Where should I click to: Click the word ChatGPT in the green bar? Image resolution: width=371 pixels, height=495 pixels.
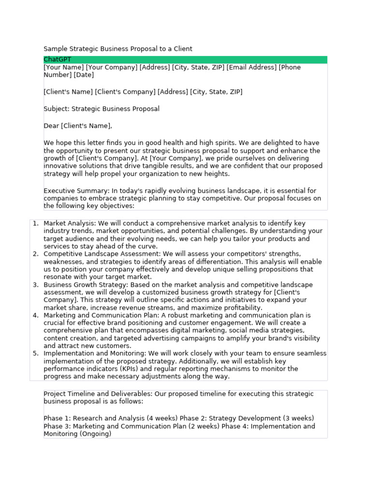pyautogui.click(x=57, y=59)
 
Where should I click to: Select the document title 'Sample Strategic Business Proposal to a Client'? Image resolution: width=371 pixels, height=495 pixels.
pyautogui.click(x=118, y=49)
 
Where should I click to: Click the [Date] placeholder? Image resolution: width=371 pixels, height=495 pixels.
pyautogui.click(x=84, y=75)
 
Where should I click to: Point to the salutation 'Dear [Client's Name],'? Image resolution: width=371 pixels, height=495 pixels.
pyautogui.click(x=78, y=126)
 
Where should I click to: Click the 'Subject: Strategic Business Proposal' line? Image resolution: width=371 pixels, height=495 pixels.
pyautogui.click(x=101, y=109)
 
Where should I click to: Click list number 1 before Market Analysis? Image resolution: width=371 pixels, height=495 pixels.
pyautogui.click(x=35, y=223)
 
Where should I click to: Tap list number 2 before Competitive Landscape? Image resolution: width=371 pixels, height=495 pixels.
pyautogui.click(x=35, y=254)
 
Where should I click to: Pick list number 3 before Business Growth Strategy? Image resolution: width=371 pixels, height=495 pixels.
pyautogui.click(x=35, y=285)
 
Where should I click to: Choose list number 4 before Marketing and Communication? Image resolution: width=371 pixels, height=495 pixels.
pyautogui.click(x=35, y=315)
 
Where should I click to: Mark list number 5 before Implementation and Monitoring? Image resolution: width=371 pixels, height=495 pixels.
pyautogui.click(x=35, y=353)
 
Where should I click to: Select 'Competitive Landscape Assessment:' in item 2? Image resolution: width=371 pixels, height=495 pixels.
pyautogui.click(x=102, y=254)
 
